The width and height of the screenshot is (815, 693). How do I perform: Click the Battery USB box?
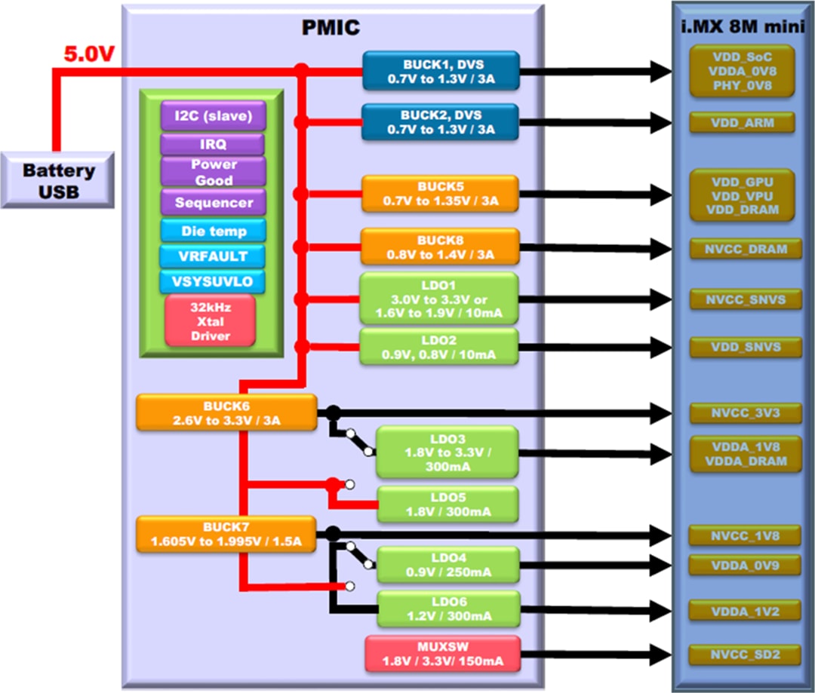(58, 181)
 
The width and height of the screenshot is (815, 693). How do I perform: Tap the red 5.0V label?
(88, 55)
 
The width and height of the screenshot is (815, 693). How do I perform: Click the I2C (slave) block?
(212, 117)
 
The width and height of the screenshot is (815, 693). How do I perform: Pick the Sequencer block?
(214, 203)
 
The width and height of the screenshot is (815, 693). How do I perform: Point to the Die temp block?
(214, 231)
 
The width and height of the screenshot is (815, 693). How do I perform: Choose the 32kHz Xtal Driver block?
(211, 321)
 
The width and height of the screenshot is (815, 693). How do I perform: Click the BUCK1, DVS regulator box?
(441, 69)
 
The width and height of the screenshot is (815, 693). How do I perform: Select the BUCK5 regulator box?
(440, 195)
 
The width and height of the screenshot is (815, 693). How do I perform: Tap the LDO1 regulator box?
(439, 298)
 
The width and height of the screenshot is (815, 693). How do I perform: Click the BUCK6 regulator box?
(226, 412)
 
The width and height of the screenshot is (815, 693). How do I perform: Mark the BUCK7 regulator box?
(226, 534)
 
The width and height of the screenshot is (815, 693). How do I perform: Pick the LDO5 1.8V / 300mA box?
(447, 504)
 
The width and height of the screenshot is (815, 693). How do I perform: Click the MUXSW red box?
(442, 654)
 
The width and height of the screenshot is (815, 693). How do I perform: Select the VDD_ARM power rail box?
(743, 122)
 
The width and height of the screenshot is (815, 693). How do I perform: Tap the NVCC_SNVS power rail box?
(743, 299)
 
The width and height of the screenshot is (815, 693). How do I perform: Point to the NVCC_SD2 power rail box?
(743, 654)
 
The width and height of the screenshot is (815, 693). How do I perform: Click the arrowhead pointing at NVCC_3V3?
(662, 412)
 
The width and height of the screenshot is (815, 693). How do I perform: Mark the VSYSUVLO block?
(212, 283)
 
